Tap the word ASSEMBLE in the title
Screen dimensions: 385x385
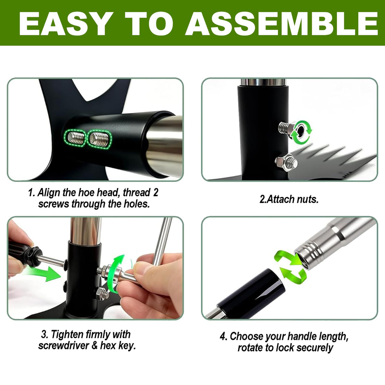[x=282, y=23]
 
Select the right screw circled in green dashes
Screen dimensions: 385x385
[x=99, y=139]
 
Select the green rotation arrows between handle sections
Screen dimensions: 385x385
[x=291, y=267]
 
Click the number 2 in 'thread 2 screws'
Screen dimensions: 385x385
[x=156, y=193]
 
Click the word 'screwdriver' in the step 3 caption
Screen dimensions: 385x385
[x=64, y=346]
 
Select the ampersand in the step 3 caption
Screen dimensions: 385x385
[x=94, y=346]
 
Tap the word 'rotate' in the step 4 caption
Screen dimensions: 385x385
[x=250, y=348]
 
